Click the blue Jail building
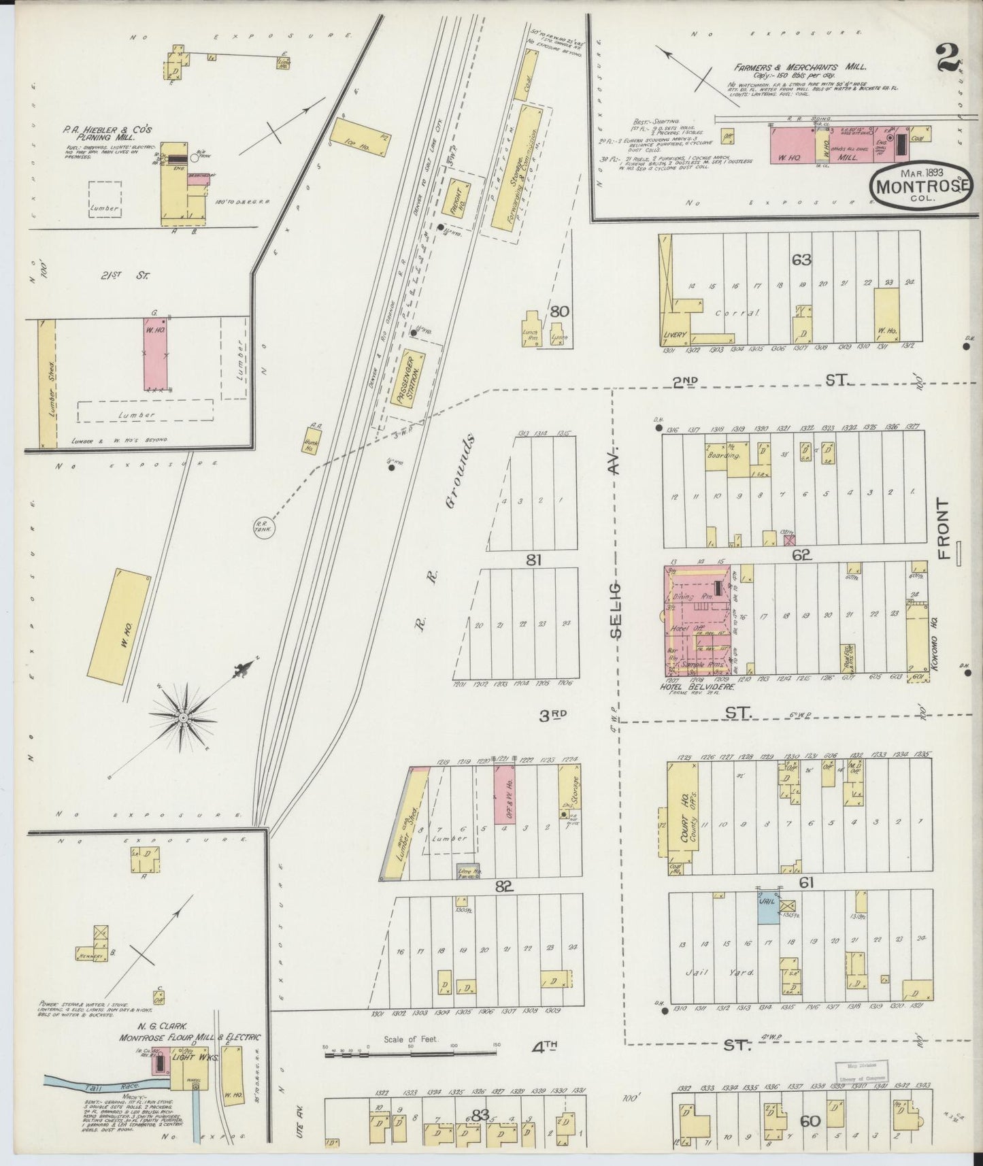769,907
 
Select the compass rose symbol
182,717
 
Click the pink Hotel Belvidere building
697,620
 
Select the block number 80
559,312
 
